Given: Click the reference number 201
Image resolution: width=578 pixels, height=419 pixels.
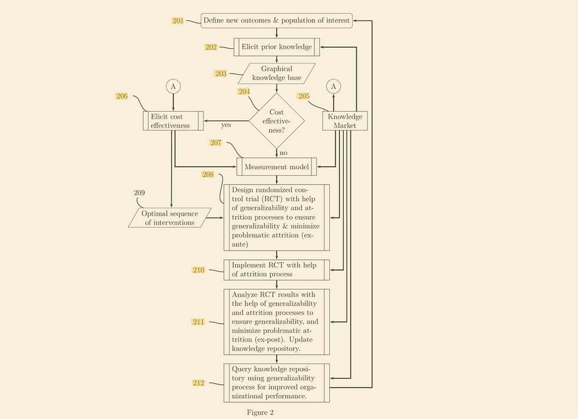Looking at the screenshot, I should [x=178, y=21].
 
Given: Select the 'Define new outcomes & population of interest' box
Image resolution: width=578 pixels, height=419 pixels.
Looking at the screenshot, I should [x=277, y=21].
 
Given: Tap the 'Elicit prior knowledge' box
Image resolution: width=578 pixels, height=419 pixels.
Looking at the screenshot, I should [x=277, y=47].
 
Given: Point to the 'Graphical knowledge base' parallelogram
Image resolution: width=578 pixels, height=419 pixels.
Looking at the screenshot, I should [x=277, y=74].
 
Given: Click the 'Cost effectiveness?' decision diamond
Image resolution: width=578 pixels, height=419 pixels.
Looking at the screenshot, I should [x=277, y=121].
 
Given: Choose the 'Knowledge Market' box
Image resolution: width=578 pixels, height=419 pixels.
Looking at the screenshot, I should [x=345, y=121].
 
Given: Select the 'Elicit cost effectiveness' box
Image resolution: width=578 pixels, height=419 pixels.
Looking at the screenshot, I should [x=173, y=121].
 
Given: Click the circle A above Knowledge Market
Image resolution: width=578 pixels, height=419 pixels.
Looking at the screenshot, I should [x=333, y=87].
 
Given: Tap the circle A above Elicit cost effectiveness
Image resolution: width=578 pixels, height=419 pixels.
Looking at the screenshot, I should [x=173, y=87].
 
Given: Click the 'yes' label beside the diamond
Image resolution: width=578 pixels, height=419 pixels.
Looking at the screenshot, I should [x=226, y=125].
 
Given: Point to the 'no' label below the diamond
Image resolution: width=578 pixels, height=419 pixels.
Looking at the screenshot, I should [x=283, y=153].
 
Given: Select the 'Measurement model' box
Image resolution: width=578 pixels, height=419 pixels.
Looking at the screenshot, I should [x=277, y=167].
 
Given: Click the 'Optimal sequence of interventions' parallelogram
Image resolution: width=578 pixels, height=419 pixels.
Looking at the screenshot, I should [x=170, y=217].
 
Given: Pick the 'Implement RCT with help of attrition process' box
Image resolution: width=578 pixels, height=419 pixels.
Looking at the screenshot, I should [x=277, y=269].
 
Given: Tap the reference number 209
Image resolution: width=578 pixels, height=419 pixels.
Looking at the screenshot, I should [x=139, y=193].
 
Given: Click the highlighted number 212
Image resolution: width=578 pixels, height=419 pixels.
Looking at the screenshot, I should [x=198, y=383].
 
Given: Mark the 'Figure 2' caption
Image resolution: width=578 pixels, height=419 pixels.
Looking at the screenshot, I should [x=260, y=413].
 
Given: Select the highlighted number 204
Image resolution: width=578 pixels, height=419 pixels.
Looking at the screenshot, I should [x=244, y=92].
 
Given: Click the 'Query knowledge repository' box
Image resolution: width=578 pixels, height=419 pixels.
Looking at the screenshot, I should [x=277, y=382].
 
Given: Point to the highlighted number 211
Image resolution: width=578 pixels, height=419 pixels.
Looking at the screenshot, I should [x=198, y=322].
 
